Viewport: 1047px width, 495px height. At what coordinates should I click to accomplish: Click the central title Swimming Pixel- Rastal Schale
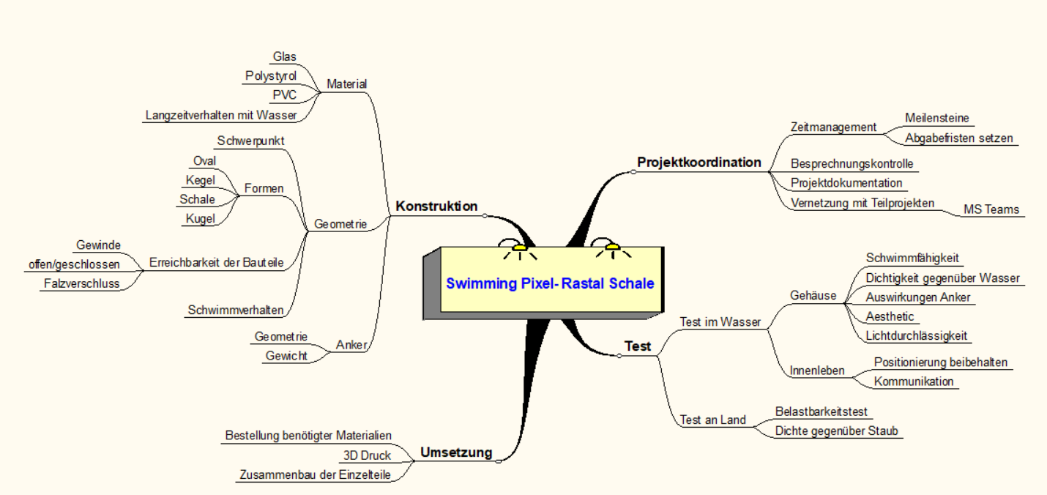click(550, 283)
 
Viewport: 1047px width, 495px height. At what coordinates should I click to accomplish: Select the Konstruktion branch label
click(436, 206)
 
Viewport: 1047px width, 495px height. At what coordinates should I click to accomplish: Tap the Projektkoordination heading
click(699, 163)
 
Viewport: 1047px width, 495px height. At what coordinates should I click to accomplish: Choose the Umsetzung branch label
click(456, 453)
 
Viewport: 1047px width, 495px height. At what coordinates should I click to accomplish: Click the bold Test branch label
click(637, 346)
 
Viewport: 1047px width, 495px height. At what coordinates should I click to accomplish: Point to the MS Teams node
click(991, 209)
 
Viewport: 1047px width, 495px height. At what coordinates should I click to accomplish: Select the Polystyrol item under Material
click(270, 75)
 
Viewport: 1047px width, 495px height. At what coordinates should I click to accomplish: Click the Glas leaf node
click(284, 56)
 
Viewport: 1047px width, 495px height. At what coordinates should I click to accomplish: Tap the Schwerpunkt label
click(250, 141)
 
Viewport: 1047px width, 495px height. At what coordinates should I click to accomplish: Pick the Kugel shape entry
click(200, 218)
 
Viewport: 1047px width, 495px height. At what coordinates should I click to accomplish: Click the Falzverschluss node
click(82, 283)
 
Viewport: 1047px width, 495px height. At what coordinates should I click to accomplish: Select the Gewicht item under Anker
click(286, 356)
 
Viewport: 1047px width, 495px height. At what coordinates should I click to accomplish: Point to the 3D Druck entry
click(367, 455)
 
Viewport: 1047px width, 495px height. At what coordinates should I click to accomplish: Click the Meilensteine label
click(936, 118)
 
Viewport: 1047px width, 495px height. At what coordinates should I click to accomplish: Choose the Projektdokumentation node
click(846, 183)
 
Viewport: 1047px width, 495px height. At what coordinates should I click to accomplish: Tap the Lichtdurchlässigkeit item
click(916, 335)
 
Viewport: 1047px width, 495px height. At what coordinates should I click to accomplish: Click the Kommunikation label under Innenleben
click(914, 382)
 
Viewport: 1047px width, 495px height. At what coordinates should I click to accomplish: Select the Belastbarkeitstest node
click(821, 412)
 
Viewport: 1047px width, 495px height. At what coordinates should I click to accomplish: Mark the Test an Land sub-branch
click(712, 420)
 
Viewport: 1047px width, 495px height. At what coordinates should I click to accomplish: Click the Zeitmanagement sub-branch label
click(833, 127)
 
